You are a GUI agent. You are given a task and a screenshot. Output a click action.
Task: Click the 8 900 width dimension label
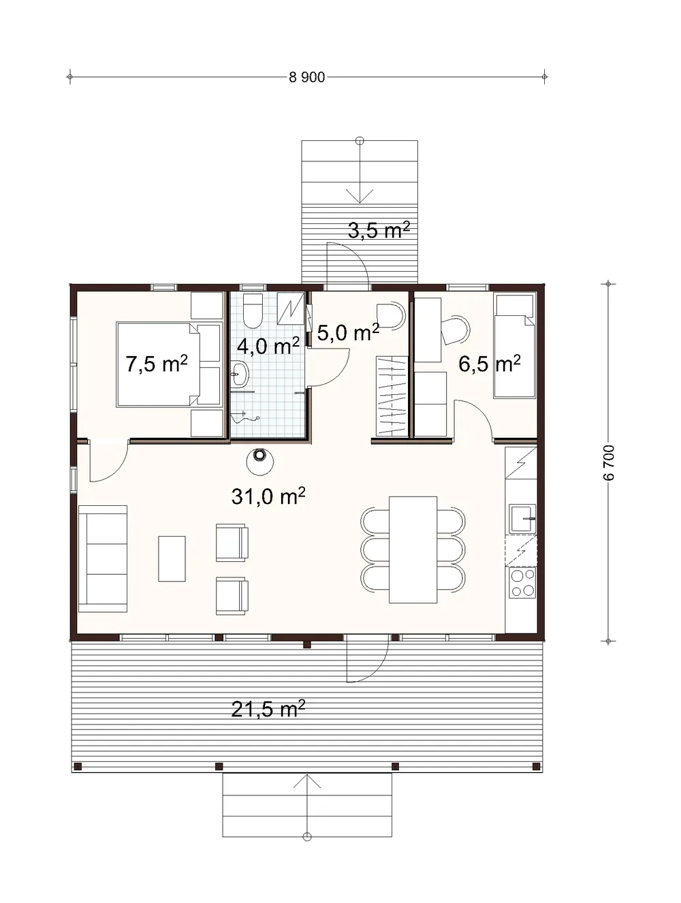pyautogui.click(x=306, y=77)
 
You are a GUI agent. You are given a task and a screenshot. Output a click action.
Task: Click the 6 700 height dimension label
pyautogui.click(x=608, y=462)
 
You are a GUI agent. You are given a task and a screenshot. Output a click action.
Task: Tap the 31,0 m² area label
pyautogui.click(x=268, y=496)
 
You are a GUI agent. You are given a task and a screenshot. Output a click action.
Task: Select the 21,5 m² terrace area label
pyautogui.click(x=268, y=708)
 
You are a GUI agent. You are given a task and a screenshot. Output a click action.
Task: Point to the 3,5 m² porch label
pyautogui.click(x=379, y=229)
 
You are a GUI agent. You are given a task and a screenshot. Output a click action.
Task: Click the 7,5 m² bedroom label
pyautogui.click(x=156, y=363)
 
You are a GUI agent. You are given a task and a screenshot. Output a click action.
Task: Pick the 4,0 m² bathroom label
pyautogui.click(x=268, y=345)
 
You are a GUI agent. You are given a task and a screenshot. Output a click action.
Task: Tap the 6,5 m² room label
pyautogui.click(x=490, y=363)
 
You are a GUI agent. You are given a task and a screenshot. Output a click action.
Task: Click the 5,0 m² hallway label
pyautogui.click(x=348, y=332)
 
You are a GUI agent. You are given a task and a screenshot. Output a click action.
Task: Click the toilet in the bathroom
pyautogui.click(x=253, y=311)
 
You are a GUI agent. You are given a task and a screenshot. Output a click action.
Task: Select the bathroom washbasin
pyautogui.click(x=238, y=374)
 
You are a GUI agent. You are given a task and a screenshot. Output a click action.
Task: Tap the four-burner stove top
pyautogui.click(x=522, y=582)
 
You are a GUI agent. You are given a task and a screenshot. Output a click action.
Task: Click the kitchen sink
pyautogui.click(x=523, y=518)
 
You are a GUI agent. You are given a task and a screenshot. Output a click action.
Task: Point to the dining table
pyautogui.click(x=413, y=550)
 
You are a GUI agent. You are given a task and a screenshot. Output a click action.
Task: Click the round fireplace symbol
pyautogui.click(x=259, y=461)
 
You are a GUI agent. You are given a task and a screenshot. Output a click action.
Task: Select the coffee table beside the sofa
pyautogui.click(x=172, y=558)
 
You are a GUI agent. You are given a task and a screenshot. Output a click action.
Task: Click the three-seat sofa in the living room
pyautogui.click(x=102, y=558)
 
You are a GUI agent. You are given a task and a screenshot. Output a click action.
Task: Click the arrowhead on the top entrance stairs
pyautogui.click(x=360, y=196)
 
